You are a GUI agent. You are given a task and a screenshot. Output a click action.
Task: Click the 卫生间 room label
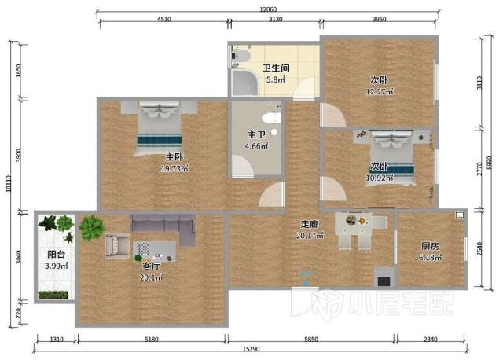click(276, 68)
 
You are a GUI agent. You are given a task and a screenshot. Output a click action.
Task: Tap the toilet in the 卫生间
click(240, 56)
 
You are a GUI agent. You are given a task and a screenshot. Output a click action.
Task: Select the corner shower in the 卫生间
click(244, 83)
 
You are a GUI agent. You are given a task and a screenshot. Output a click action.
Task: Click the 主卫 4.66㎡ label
click(257, 140)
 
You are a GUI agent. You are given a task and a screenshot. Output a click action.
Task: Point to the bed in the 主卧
click(160, 127)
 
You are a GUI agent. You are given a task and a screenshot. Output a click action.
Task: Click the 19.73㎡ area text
click(174, 168)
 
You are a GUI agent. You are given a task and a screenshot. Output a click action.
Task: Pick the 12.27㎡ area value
click(380, 91)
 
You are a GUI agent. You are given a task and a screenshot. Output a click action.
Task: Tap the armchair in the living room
click(117, 245)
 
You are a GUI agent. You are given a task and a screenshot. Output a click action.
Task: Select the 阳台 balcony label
click(56, 255)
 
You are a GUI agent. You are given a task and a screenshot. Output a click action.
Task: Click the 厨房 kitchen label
click(430, 246)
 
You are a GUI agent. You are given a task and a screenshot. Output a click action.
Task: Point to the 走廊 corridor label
click(310, 224)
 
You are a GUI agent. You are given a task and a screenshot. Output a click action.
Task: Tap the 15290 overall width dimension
click(251, 349)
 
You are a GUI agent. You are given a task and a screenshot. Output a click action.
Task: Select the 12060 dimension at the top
click(268, 9)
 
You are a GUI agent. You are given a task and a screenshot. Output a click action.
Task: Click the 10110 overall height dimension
click(9, 183)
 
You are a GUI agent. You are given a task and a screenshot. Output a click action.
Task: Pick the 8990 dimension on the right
click(489, 163)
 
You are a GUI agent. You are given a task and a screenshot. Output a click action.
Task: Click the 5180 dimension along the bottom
click(151, 339)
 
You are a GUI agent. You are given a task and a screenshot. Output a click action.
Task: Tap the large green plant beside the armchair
click(92, 228)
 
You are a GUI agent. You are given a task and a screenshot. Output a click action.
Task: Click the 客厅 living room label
click(151, 266)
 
